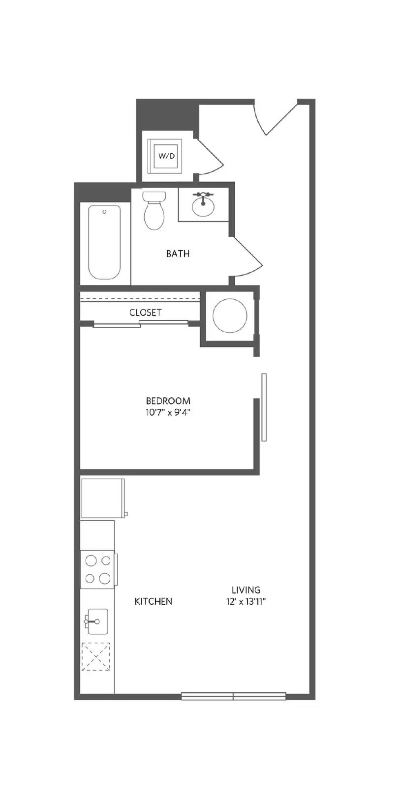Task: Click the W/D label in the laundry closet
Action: (x=166, y=156)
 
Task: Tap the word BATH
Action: (x=178, y=253)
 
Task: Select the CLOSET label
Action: (x=146, y=312)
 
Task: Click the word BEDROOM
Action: (x=168, y=401)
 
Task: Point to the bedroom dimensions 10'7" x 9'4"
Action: (x=168, y=412)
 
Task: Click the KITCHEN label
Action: (x=154, y=601)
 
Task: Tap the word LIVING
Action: (x=246, y=590)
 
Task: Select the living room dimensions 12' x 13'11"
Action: (x=246, y=602)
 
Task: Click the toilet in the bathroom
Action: (x=154, y=211)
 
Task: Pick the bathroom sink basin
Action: (x=203, y=206)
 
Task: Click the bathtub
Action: (x=104, y=242)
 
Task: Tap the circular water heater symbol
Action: (x=230, y=315)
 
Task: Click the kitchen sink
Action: (x=97, y=621)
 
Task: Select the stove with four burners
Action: (x=98, y=569)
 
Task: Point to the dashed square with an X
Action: (x=95, y=656)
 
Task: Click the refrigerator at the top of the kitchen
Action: (x=103, y=498)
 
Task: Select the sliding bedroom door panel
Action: (x=264, y=407)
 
